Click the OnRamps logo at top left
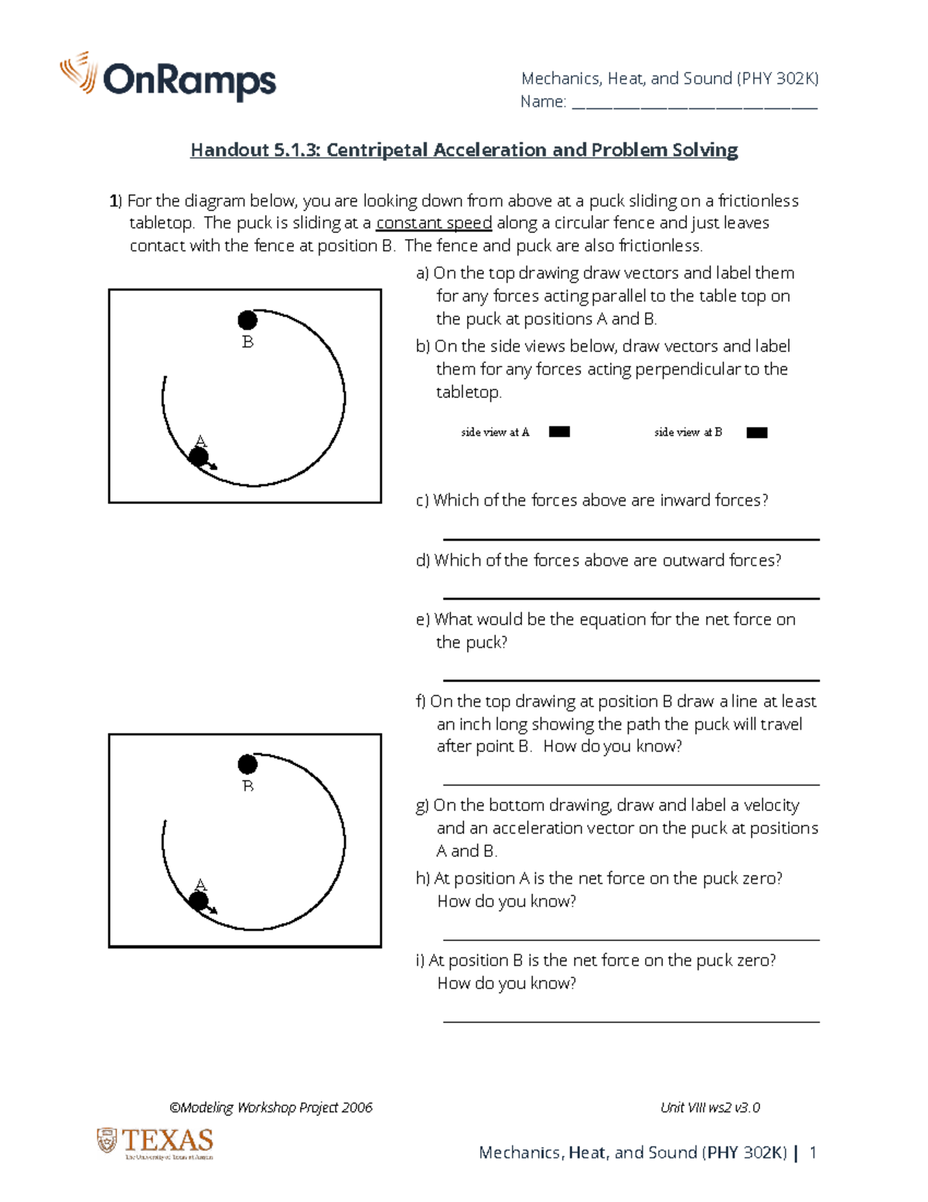[168, 77]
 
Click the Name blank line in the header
[694, 107]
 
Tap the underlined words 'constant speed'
[433, 223]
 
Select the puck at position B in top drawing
[247, 320]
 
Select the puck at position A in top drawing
[199, 457]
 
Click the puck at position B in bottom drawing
[247, 764]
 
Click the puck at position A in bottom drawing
[199, 900]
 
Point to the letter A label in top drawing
[201, 441]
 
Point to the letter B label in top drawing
[247, 342]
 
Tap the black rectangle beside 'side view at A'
[559, 432]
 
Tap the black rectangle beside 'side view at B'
[756, 433]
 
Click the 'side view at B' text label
[687, 432]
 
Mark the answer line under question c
[630, 539]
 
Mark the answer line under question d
[630, 598]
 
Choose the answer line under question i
[630, 1022]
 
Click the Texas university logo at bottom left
[155, 1142]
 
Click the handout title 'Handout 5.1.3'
[464, 150]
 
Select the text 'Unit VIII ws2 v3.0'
[710, 1108]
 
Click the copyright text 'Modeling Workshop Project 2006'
[271, 1108]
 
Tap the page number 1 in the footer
[813, 1152]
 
